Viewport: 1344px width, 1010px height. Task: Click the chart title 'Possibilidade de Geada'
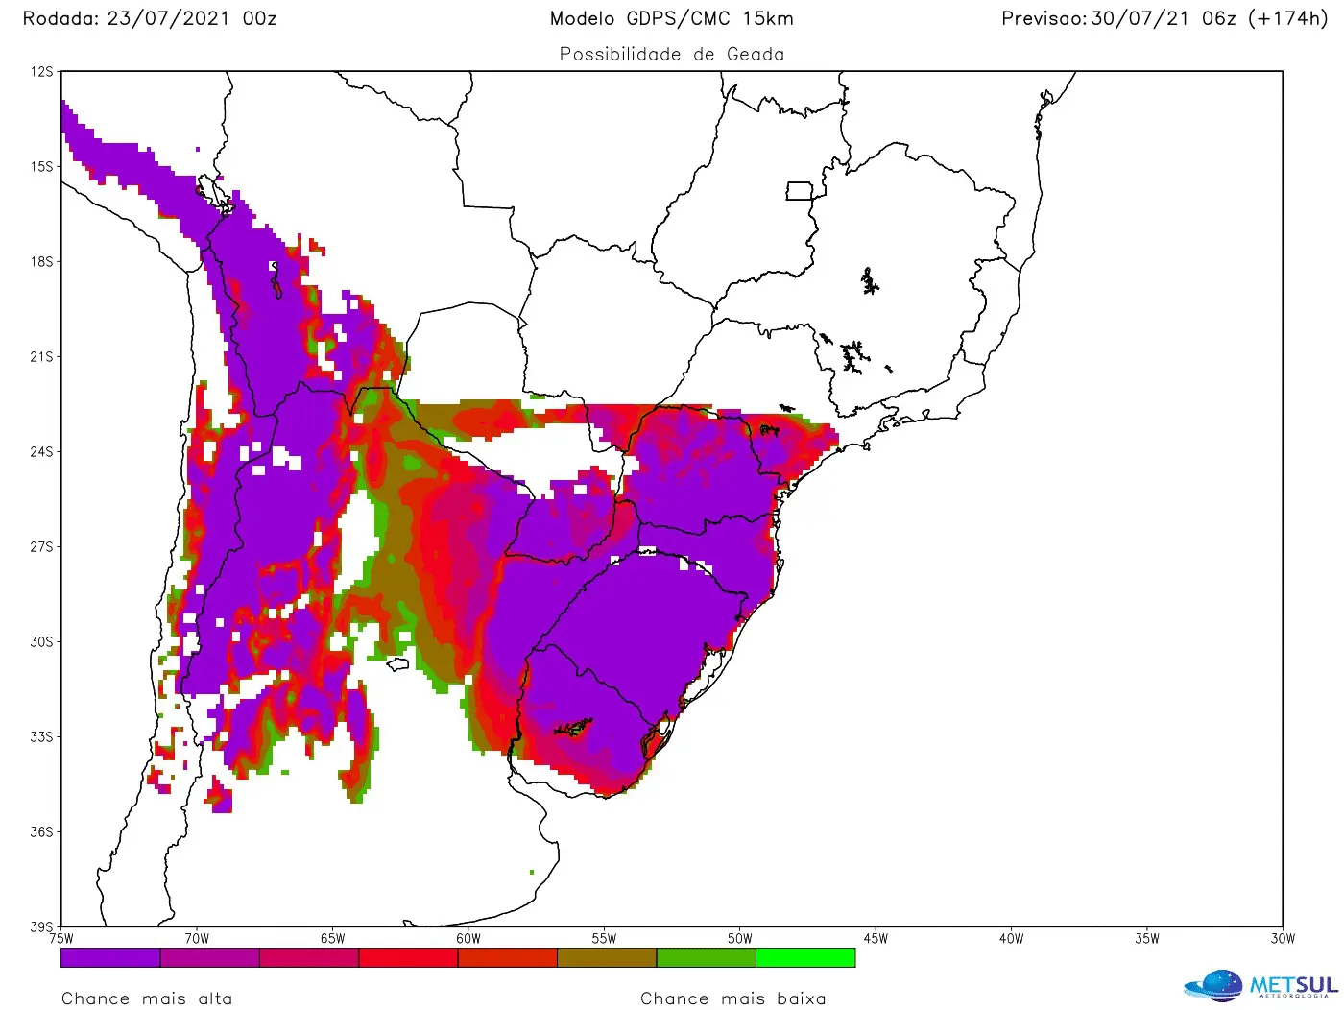(x=671, y=55)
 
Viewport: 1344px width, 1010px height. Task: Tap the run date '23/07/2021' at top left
(x=168, y=18)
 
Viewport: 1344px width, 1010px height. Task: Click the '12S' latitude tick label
(x=42, y=72)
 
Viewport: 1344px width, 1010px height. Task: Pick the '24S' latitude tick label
(x=42, y=451)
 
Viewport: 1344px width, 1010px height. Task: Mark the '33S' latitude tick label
(x=42, y=736)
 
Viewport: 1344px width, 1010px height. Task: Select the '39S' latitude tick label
(x=42, y=926)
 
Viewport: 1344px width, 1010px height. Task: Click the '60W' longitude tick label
(x=468, y=939)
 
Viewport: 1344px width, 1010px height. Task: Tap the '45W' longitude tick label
(x=876, y=939)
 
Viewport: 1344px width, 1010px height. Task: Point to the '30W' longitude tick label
(x=1283, y=939)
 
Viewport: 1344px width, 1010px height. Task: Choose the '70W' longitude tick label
(x=197, y=939)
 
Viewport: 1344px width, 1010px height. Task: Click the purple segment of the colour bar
(x=110, y=957)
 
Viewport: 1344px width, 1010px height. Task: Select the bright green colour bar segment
(x=805, y=957)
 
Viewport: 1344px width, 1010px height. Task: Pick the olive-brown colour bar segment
(x=607, y=957)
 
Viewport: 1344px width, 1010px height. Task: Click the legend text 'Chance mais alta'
(x=147, y=998)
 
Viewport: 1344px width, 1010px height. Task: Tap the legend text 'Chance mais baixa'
(x=732, y=998)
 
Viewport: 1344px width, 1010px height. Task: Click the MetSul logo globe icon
(x=1214, y=986)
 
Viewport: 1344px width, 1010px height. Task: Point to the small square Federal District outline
(x=799, y=191)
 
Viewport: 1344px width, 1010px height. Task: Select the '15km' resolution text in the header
(x=768, y=18)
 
